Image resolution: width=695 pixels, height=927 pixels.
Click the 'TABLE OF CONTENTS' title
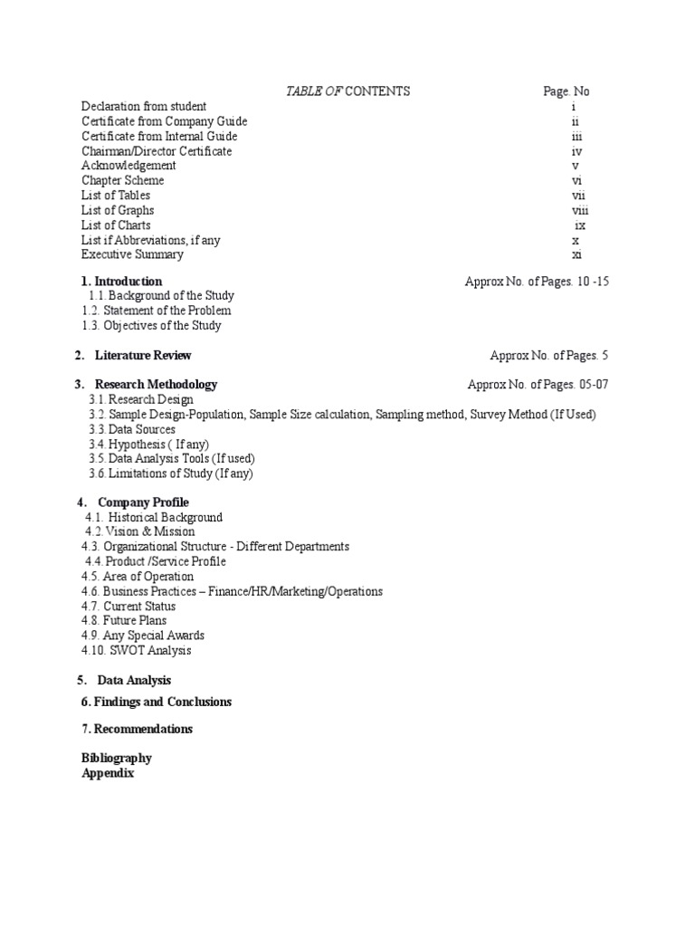(347, 91)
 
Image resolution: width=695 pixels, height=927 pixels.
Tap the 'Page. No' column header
(566, 91)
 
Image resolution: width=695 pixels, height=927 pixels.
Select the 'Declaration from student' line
(144, 107)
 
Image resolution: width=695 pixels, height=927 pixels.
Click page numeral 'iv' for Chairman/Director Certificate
(576, 151)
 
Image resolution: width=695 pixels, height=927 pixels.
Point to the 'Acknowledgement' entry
(129, 166)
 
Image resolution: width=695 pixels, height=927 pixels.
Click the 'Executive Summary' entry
(132, 254)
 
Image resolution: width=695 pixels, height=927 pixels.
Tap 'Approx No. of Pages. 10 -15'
(537, 282)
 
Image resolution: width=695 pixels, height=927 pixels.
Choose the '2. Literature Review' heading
(133, 356)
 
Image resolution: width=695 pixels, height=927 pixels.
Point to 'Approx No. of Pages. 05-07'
(538, 385)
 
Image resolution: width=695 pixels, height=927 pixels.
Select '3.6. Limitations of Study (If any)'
(171, 473)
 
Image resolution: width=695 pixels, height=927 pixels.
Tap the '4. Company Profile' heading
(133, 502)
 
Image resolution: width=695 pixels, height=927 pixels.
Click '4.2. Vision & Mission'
(139, 532)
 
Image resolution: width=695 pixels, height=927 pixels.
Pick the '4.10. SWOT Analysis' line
(136, 650)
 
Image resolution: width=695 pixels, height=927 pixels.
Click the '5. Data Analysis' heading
(124, 680)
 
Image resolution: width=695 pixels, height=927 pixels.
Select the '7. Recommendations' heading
(137, 729)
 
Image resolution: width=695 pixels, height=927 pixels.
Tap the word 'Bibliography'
(117, 758)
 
